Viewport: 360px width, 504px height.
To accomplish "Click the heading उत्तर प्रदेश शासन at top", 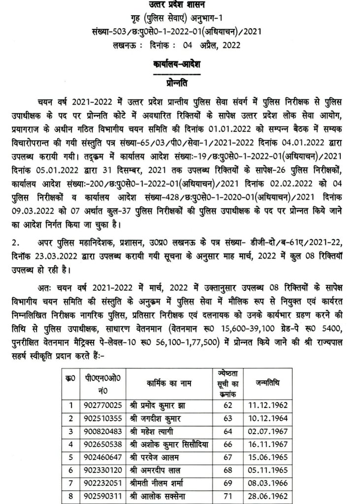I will [179, 5].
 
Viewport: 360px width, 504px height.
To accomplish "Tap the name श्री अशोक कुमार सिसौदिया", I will [168, 444].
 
